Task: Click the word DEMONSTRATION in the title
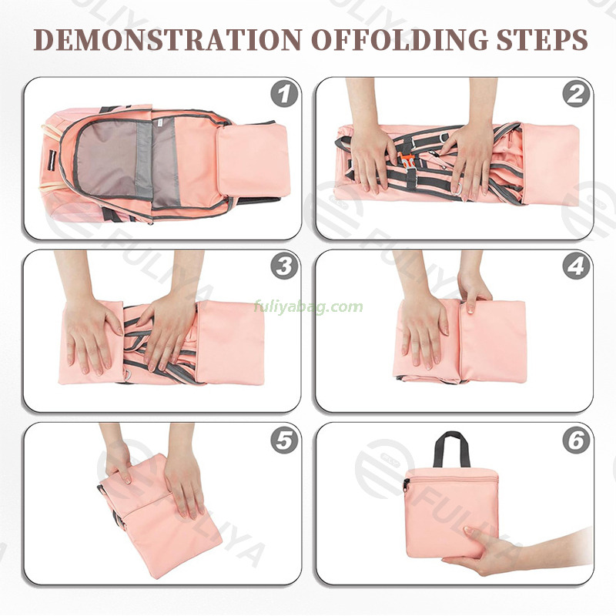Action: (x=168, y=39)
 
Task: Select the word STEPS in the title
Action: (x=542, y=39)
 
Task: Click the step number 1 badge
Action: (x=284, y=94)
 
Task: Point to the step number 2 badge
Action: (x=576, y=94)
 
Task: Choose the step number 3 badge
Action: (x=284, y=266)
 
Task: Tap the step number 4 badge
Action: (x=576, y=266)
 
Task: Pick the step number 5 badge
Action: (x=284, y=440)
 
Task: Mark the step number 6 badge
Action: (x=576, y=440)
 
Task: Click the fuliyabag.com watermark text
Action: (x=309, y=306)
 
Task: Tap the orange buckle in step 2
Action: (x=407, y=161)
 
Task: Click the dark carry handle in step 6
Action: (x=452, y=449)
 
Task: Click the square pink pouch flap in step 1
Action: (x=253, y=159)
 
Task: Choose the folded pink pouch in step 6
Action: (x=452, y=512)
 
